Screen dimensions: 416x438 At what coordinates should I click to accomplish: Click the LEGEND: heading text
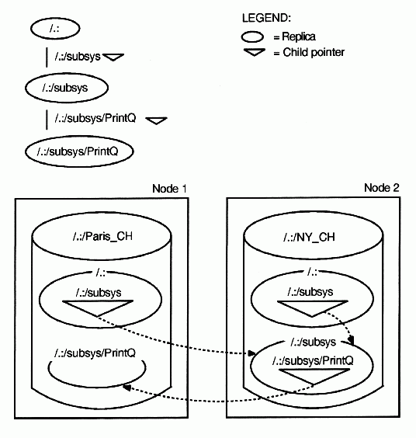tap(266, 18)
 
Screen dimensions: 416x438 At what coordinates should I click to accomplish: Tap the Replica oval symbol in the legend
tap(252, 36)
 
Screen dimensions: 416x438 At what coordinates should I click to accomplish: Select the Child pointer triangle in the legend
tap(254, 52)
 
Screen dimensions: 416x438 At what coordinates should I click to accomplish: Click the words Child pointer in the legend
tap(314, 52)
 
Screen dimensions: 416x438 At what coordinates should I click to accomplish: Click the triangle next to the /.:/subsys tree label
tap(113, 57)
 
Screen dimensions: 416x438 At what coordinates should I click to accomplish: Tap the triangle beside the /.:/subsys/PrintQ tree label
tap(156, 120)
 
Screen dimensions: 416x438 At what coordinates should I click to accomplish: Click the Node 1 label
tap(169, 189)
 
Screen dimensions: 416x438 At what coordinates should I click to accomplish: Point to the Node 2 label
tap(382, 188)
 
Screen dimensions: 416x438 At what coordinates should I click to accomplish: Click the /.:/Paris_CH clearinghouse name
tap(102, 237)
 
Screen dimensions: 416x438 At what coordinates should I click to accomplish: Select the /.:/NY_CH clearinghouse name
tap(309, 237)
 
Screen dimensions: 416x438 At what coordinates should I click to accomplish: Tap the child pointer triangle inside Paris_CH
tap(98, 308)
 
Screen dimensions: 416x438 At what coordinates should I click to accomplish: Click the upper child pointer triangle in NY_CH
tap(313, 308)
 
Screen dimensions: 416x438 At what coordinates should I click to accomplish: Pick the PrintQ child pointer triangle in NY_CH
tap(314, 377)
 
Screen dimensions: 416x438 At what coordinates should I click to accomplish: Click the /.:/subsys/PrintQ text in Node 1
tap(95, 353)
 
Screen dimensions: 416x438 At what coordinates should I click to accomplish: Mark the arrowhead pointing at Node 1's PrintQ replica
tap(127, 388)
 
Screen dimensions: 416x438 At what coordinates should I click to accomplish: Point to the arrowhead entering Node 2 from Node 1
tap(251, 353)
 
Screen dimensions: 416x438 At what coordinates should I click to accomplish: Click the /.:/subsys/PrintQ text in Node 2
tap(313, 360)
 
